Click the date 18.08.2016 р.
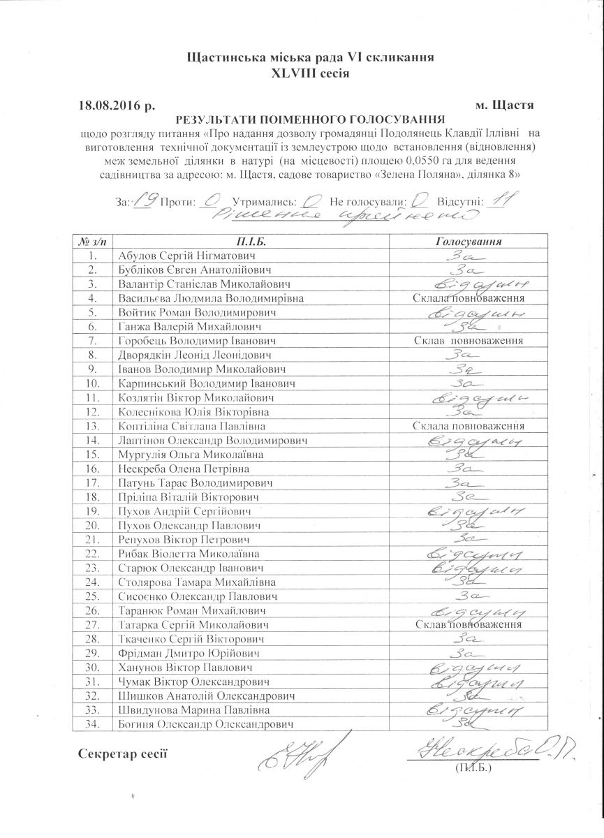pyautogui.click(x=116, y=105)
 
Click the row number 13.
pyautogui.click(x=91, y=426)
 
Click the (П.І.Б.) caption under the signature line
pyautogui.click(x=473, y=767)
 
